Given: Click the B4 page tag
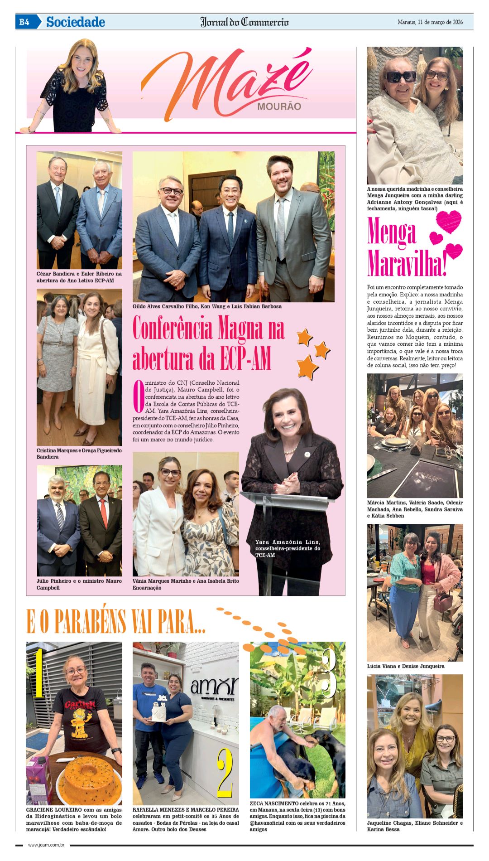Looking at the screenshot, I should coord(24,22).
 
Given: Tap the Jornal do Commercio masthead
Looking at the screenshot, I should coord(244,22).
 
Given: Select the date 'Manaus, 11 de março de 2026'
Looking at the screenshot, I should coord(430,22).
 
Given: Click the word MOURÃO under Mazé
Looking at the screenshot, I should coord(279,107).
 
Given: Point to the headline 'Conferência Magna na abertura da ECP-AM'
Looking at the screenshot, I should coord(208,343).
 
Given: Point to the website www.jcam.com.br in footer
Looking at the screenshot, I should coord(46,845).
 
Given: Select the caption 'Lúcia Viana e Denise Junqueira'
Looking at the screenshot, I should coord(406,666).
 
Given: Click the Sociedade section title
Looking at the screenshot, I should coord(76,22).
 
